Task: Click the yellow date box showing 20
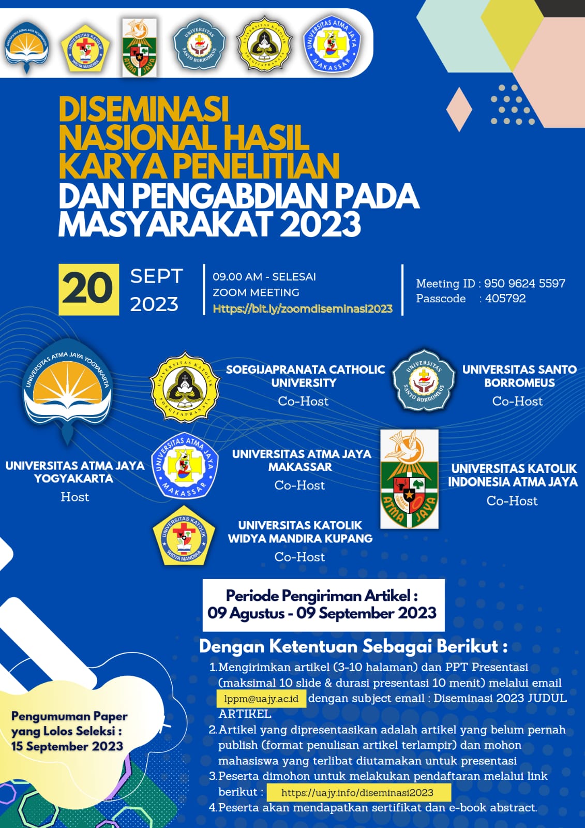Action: pyautogui.click(x=88, y=289)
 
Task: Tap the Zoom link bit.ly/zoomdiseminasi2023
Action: pyautogui.click(x=303, y=309)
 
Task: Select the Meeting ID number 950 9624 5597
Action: pyautogui.click(x=524, y=284)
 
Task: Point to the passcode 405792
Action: pyautogui.click(x=505, y=299)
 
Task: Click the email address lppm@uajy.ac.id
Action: pyautogui.click(x=261, y=699)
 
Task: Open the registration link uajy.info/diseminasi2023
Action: pyautogui.click(x=357, y=792)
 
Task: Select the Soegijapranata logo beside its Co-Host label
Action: pyautogui.click(x=185, y=388)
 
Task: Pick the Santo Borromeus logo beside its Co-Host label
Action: pyautogui.click(x=424, y=380)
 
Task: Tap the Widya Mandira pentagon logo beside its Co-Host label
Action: pyautogui.click(x=183, y=536)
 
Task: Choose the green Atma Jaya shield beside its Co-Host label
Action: pyautogui.click(x=409, y=479)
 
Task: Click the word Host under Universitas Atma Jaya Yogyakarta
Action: pyautogui.click(x=75, y=497)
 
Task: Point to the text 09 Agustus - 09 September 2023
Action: pyautogui.click(x=322, y=613)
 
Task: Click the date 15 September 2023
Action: pyautogui.click(x=67, y=746)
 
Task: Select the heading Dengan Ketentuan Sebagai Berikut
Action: pyautogui.click(x=353, y=646)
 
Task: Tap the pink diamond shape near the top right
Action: pyautogui.click(x=459, y=109)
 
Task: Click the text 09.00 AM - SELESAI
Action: pyautogui.click(x=264, y=277)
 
